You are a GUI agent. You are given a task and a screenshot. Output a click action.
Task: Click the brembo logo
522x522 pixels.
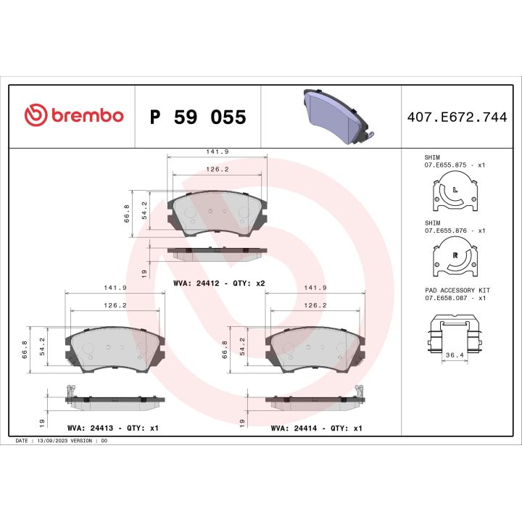point(74,115)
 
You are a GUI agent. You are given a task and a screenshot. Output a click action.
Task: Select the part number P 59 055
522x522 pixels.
point(197,117)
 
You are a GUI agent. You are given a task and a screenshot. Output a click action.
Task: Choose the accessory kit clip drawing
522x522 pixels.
point(455,331)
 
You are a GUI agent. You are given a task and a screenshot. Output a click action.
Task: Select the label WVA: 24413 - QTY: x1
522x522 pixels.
point(112,428)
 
